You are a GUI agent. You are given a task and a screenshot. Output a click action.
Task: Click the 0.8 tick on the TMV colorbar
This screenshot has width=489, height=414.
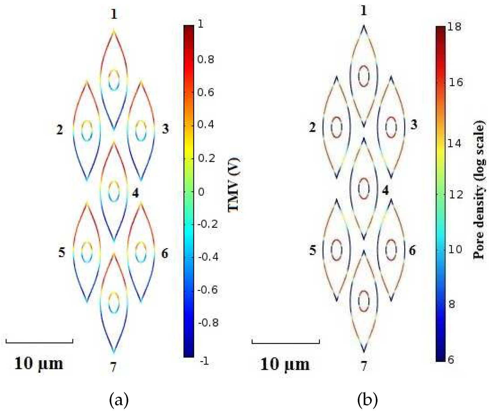pos(206,59)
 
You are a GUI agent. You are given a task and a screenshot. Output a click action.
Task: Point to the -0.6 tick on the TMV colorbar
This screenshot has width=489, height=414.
pos(207,290)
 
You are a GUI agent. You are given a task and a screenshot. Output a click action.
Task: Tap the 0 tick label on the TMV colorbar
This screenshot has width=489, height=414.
pos(201,192)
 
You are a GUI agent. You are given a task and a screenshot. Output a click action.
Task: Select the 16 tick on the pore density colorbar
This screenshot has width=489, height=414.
pos(456,82)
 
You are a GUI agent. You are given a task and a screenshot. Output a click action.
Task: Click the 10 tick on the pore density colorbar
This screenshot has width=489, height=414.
pos(455,249)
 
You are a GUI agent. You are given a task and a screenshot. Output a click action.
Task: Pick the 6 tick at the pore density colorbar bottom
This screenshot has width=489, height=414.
pos(451,359)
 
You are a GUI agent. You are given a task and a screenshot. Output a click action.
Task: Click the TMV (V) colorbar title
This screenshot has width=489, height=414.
pos(234,185)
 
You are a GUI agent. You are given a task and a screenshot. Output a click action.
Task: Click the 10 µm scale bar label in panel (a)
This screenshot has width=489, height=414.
pos(39,363)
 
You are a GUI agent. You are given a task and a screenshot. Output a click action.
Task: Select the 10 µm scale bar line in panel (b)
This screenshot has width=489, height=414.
pos(286,343)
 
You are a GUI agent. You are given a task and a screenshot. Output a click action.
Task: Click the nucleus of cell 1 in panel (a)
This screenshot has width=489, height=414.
pos(114,80)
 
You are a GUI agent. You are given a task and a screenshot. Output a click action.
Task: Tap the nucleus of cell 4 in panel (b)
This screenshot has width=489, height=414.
pos(364,189)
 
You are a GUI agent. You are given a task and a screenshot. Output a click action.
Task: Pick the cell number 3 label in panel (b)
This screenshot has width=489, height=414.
pos(414,125)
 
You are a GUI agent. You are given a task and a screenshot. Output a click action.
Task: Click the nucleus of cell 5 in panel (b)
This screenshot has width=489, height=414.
pos(336,250)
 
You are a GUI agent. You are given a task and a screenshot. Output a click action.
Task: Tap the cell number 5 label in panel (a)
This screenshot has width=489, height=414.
pos(62,253)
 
